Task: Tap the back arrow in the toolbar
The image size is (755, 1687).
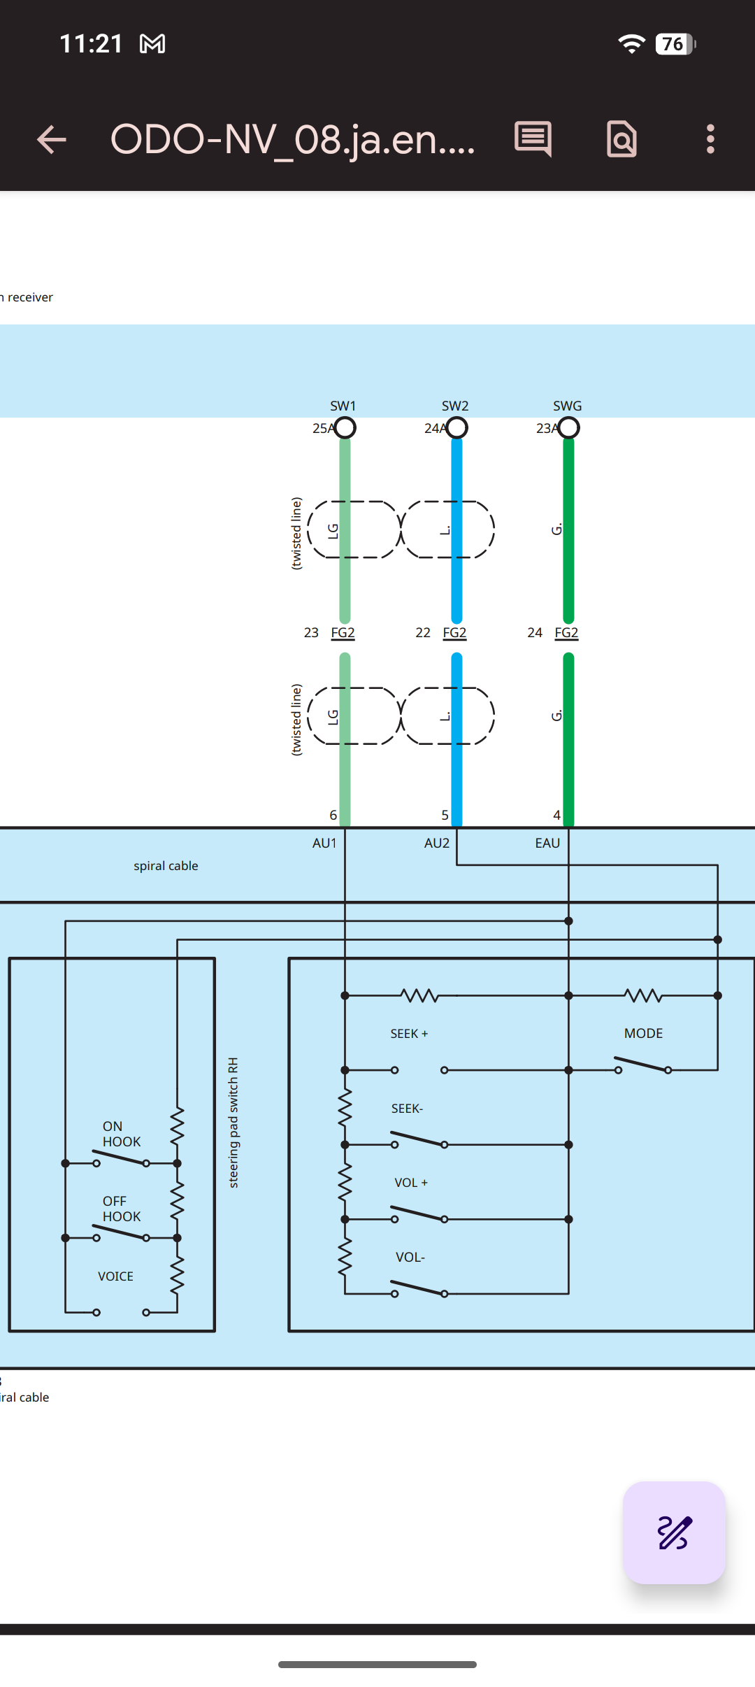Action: tap(51, 139)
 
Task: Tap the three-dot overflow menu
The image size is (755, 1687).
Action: tap(710, 139)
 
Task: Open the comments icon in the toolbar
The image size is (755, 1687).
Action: tap(533, 138)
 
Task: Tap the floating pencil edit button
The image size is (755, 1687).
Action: tap(674, 1532)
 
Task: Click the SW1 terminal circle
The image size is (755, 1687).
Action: tap(345, 427)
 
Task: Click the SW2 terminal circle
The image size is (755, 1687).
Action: tap(456, 427)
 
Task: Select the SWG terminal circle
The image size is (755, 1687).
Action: tap(568, 427)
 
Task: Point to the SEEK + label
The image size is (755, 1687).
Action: tap(409, 1034)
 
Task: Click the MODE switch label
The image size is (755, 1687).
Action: tap(643, 1033)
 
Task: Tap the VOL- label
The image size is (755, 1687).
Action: tap(410, 1257)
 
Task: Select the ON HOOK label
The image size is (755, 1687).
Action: tap(122, 1134)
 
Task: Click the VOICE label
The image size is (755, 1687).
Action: tap(115, 1276)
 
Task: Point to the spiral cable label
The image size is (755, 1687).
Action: tap(166, 866)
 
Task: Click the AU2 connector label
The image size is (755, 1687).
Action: tap(437, 843)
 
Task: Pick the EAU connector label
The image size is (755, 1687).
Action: tap(547, 843)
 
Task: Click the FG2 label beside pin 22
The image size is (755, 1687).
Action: tap(454, 632)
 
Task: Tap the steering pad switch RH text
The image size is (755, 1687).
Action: tap(233, 1123)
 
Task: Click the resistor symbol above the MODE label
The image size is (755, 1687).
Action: tap(643, 995)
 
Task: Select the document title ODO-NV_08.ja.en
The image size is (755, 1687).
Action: tap(292, 139)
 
